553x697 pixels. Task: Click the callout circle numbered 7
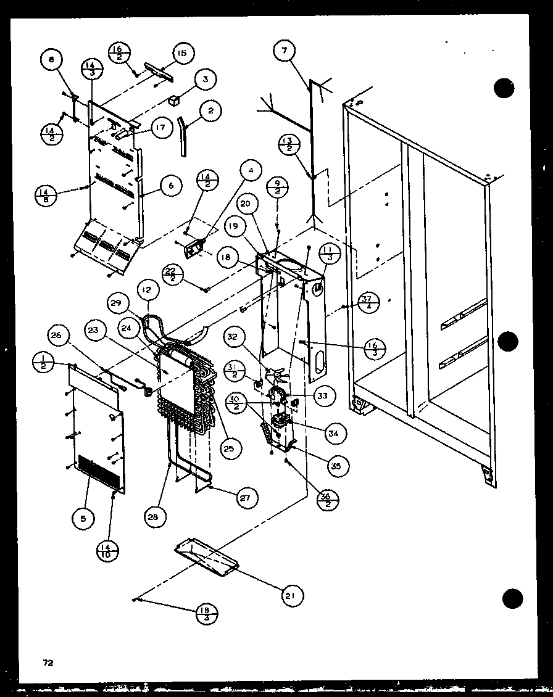pyautogui.click(x=285, y=52)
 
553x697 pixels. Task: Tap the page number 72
pyautogui.click(x=48, y=663)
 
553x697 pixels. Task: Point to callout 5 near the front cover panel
pyautogui.click(x=83, y=518)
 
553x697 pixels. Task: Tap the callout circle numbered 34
pyautogui.click(x=334, y=434)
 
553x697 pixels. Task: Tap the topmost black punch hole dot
pyautogui.click(x=504, y=88)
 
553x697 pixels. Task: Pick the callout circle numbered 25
pyautogui.click(x=228, y=448)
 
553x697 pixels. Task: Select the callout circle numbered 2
pyautogui.click(x=211, y=111)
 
